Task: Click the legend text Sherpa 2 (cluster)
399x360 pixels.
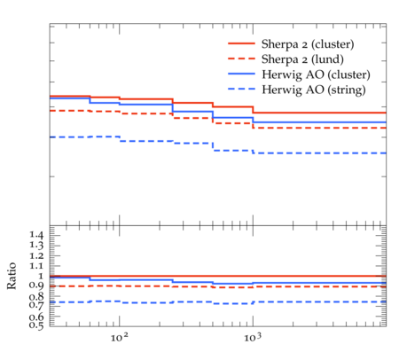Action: [x=308, y=44]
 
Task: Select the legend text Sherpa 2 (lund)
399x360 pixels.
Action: [x=302, y=59]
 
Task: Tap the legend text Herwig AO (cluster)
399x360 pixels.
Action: [x=316, y=74]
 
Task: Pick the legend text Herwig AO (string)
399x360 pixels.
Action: [x=314, y=90]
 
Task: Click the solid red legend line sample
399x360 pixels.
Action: [x=241, y=43]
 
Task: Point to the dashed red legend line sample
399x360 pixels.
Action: [x=241, y=59]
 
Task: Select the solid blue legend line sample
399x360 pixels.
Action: [x=241, y=74]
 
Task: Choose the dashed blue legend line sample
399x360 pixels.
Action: [x=241, y=89]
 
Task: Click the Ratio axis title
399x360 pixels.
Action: [x=12, y=276]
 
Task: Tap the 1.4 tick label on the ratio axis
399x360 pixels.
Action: [x=36, y=235]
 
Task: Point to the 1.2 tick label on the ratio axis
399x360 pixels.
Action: [x=36, y=255]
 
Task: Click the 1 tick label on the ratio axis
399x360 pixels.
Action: [x=41, y=276]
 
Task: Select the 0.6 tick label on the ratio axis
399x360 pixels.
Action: [x=36, y=317]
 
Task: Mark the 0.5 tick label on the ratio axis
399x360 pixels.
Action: [x=36, y=325]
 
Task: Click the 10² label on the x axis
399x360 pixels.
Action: [x=120, y=337]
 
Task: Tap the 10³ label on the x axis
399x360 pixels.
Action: [x=253, y=337]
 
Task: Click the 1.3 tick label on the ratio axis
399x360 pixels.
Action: [x=36, y=246]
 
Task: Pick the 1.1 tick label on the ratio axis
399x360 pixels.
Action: [x=36, y=266]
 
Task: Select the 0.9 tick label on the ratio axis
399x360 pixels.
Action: [x=36, y=286]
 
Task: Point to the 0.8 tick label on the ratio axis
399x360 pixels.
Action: [x=36, y=296]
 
